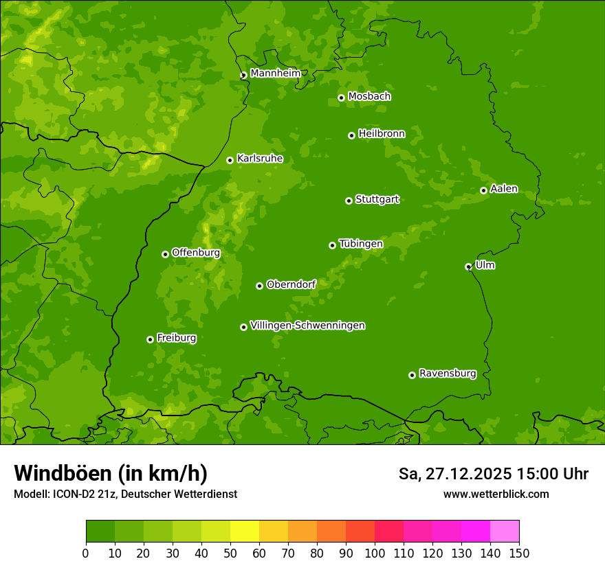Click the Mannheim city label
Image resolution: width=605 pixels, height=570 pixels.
click(x=275, y=73)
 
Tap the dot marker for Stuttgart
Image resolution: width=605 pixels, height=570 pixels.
click(x=349, y=201)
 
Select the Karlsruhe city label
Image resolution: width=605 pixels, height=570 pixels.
click(x=259, y=159)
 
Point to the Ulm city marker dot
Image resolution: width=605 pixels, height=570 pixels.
click(x=468, y=266)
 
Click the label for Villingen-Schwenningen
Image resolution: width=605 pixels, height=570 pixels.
click(x=307, y=326)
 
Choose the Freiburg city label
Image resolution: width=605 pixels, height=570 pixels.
click(x=176, y=338)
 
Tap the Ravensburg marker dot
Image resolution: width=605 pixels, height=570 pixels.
click(x=412, y=375)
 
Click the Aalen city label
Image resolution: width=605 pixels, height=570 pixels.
click(x=503, y=189)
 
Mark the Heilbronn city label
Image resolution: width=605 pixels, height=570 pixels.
click(x=381, y=134)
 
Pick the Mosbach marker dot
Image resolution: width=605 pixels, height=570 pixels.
click(x=341, y=98)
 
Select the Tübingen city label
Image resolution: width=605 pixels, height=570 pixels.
click(x=360, y=244)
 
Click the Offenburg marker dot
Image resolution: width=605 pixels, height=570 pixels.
click(x=165, y=254)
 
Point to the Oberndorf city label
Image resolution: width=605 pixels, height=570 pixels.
click(x=291, y=284)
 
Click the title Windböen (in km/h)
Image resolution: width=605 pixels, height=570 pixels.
click(x=110, y=473)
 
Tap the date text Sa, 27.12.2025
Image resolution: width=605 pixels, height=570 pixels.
click(x=454, y=474)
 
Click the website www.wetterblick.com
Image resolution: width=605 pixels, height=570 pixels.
click(x=496, y=494)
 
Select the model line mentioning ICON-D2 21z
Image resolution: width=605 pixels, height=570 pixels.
click(x=125, y=494)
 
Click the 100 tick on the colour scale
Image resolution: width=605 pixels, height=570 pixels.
click(x=375, y=552)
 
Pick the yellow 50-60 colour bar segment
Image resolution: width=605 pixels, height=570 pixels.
click(x=245, y=532)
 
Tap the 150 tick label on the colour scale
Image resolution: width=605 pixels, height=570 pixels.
click(x=519, y=552)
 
